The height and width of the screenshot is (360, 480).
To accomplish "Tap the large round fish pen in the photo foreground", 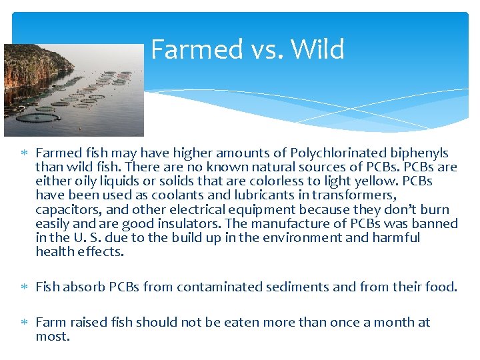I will tap(38, 118).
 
